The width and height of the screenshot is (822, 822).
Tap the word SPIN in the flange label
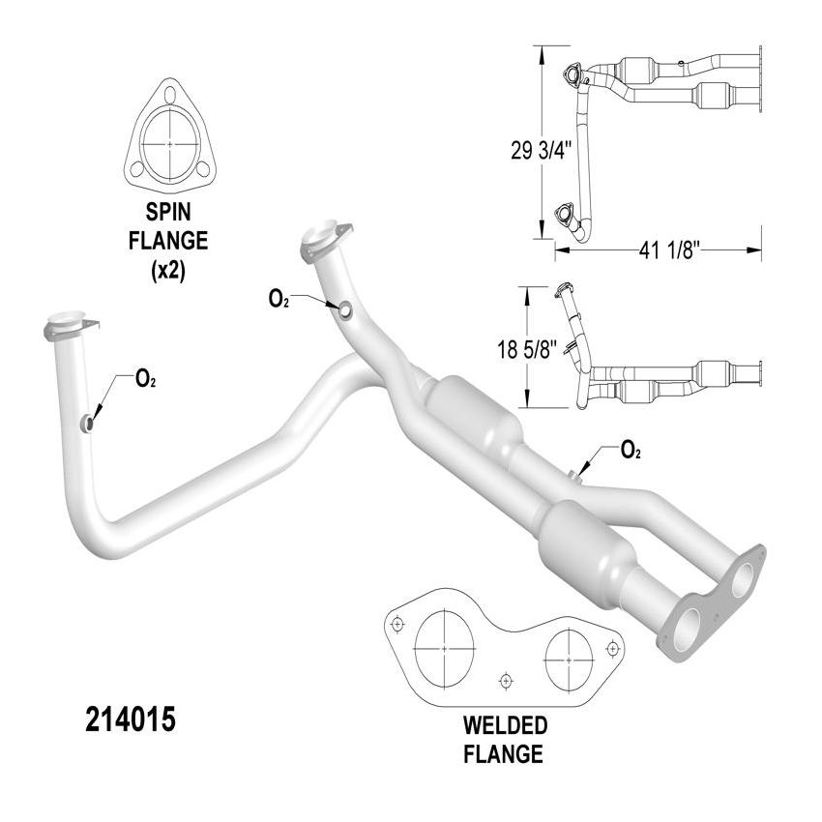coord(169,211)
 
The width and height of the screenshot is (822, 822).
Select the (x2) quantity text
coord(169,272)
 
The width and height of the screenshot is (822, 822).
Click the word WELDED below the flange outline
coord(504,725)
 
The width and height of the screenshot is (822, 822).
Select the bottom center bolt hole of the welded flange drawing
coord(506,682)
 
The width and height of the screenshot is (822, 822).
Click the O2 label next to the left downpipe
coord(145,380)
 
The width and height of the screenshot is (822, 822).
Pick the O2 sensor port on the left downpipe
coord(87,423)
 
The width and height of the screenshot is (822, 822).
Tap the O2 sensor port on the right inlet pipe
coord(344,308)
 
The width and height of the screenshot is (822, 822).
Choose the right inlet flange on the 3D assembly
coord(321,238)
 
